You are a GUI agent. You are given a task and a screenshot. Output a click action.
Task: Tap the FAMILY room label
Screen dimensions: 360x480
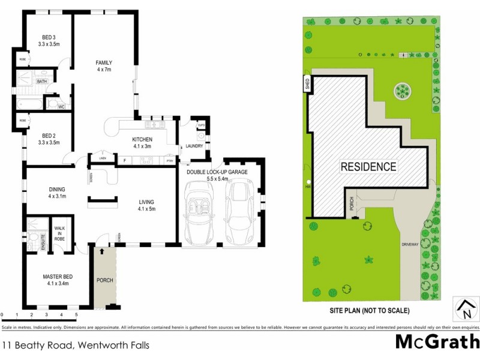point(104,63)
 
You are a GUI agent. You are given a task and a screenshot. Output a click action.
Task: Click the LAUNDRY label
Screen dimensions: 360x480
point(194,146)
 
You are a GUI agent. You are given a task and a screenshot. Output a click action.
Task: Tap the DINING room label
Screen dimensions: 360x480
point(57,190)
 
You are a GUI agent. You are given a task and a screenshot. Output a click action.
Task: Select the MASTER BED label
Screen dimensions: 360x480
point(58,277)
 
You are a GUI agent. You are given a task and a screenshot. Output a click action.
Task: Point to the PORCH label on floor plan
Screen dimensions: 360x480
point(104,280)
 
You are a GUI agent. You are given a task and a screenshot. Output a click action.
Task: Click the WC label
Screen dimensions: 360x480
point(61,107)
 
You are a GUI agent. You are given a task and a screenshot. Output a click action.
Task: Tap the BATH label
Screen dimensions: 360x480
point(42,81)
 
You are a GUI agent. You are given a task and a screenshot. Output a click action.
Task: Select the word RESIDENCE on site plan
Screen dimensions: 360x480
point(368,167)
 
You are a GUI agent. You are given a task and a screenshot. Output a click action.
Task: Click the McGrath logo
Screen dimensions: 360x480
point(437,342)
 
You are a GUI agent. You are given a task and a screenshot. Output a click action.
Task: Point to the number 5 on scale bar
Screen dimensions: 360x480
point(76,314)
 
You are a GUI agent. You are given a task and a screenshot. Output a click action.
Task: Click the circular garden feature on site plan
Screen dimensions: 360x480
point(402,92)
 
